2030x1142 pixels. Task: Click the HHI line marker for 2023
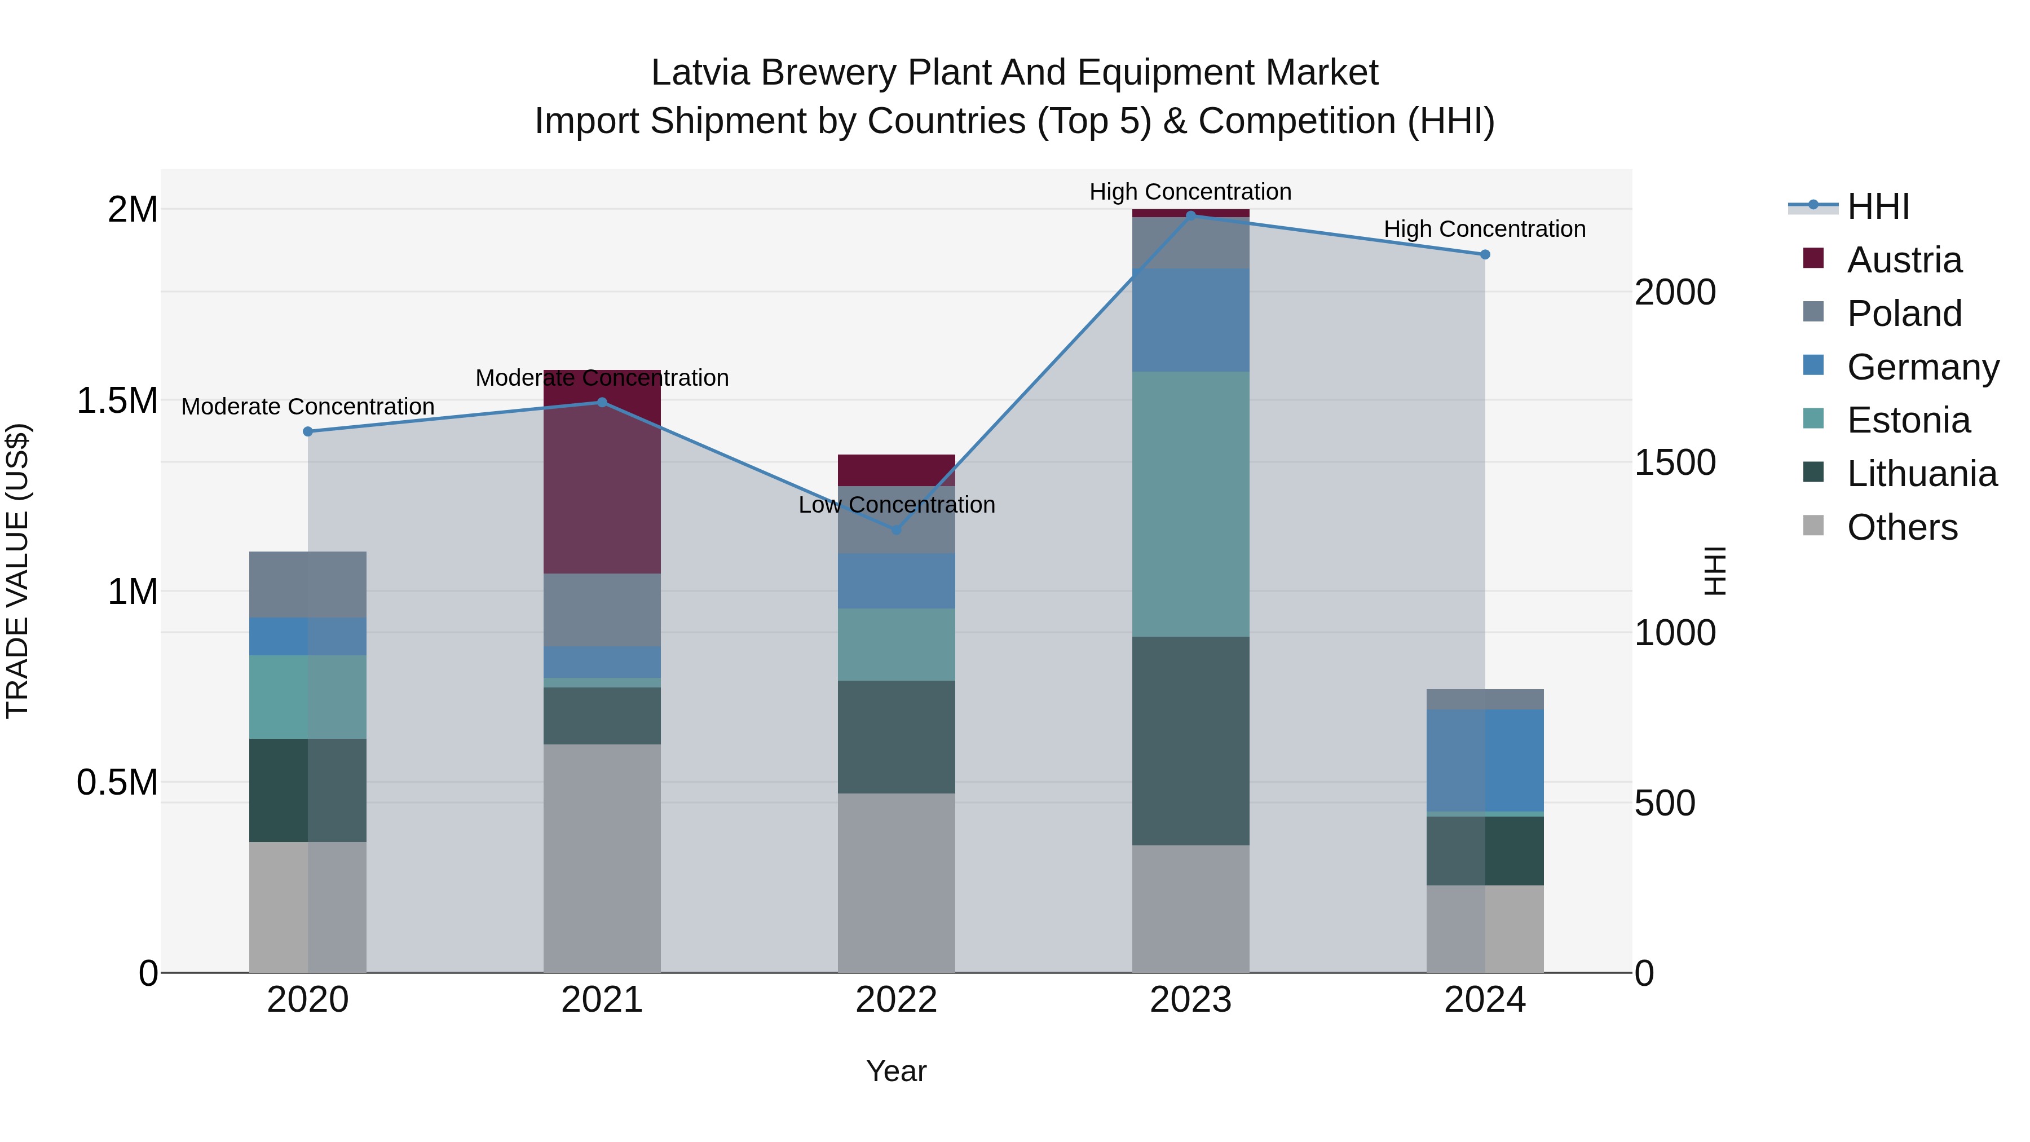click(1190, 215)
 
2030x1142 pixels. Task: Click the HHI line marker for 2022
click(896, 530)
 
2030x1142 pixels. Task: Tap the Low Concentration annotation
click(896, 504)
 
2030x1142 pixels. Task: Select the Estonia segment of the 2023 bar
click(1190, 504)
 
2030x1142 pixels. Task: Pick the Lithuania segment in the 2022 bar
click(896, 737)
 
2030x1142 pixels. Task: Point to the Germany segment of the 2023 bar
click(1190, 319)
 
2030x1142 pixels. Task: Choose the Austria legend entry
click(1903, 260)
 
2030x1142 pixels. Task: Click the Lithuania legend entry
click(1921, 474)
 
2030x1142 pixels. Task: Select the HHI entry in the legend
click(1877, 206)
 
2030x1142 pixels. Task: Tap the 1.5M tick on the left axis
click(117, 400)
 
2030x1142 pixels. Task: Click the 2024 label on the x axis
click(1484, 1000)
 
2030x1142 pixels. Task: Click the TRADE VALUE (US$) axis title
click(17, 571)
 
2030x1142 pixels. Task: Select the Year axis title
click(896, 1071)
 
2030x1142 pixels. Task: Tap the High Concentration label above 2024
click(1484, 230)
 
